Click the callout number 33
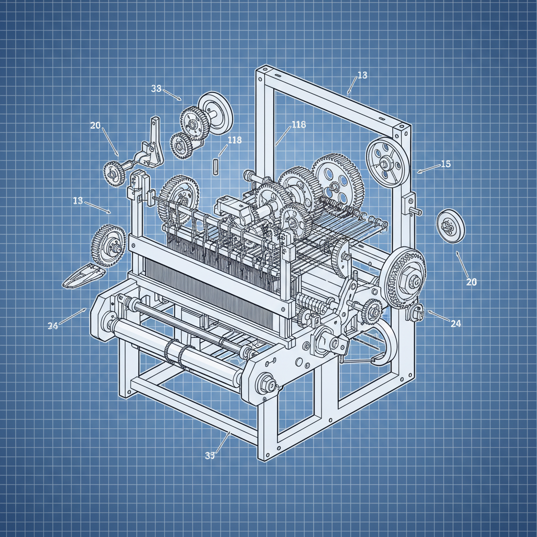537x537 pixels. (x=156, y=89)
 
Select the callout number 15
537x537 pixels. (x=445, y=164)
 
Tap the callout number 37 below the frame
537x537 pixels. (x=210, y=455)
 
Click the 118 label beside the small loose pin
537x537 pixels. (x=235, y=140)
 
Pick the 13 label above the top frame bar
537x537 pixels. (x=362, y=76)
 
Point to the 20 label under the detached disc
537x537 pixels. (x=471, y=282)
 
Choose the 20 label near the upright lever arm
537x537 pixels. (x=95, y=125)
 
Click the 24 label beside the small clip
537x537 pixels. (x=455, y=324)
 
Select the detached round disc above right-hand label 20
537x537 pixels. (x=450, y=226)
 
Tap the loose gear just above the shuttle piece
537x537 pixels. (x=109, y=244)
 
